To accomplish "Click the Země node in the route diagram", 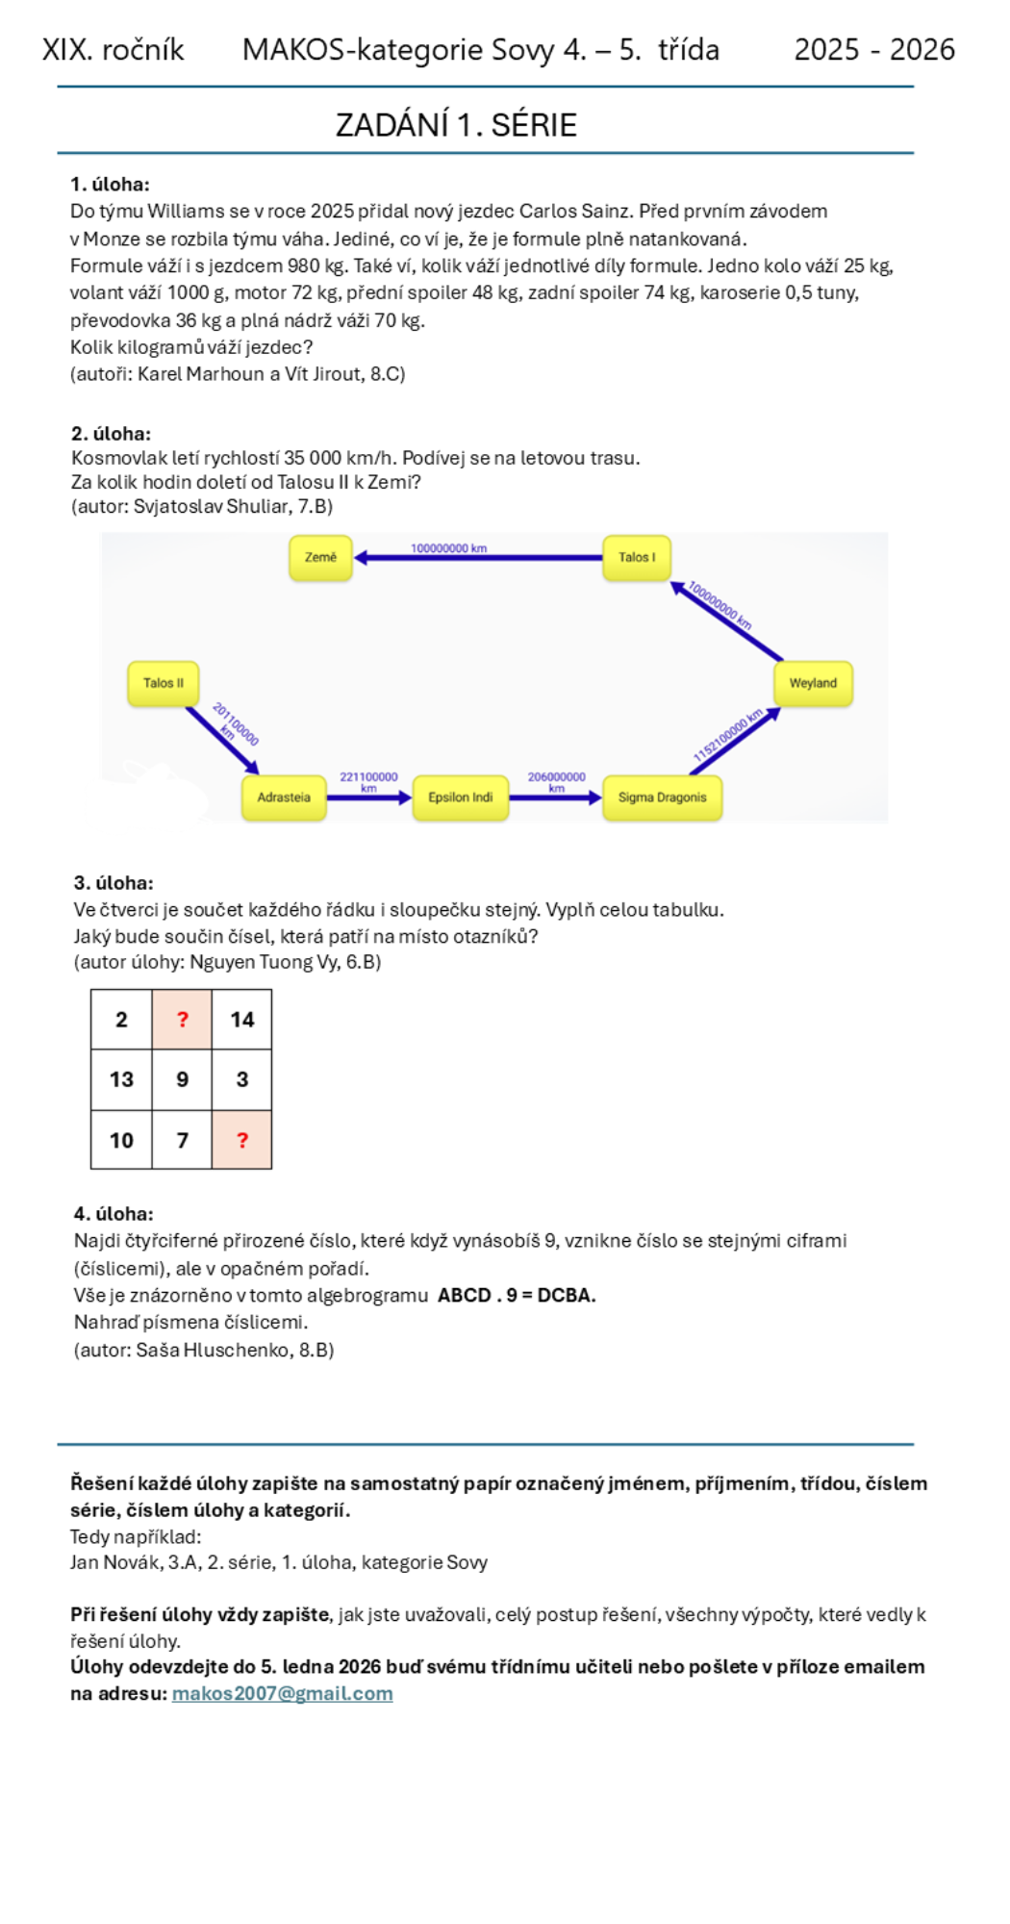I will [320, 558].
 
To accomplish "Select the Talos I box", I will [637, 558].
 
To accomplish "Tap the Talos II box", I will [164, 683].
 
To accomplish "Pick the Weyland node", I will [813, 683].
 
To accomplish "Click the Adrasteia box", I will [284, 797].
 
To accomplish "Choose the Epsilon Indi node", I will [461, 797].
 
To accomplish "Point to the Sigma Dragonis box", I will [662, 797].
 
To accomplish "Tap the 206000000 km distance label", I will [556, 781].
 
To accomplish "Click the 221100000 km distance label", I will [368, 781].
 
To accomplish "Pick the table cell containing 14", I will [241, 1020].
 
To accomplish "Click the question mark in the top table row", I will [182, 1020].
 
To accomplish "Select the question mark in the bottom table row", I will [241, 1140].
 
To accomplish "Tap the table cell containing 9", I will [182, 1079].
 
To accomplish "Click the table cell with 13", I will [121, 1079].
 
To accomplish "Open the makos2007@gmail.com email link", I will [282, 1693].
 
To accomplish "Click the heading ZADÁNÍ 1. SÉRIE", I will [456, 125].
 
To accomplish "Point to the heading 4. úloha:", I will [114, 1214].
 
